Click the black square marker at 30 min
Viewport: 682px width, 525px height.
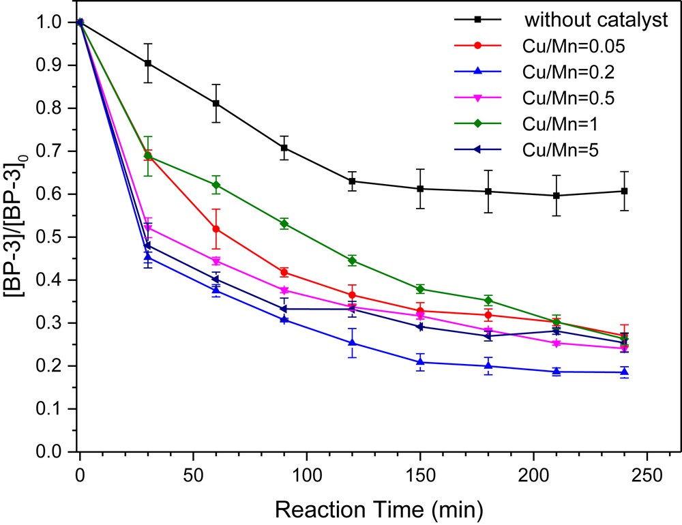(148, 63)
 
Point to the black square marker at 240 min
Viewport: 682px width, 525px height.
(625, 191)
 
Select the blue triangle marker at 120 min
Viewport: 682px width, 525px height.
(352, 343)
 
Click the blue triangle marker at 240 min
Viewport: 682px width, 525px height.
(625, 372)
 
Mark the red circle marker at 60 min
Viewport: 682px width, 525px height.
(216, 229)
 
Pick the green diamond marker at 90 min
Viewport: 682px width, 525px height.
(284, 224)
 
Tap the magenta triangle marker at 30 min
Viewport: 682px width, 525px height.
(148, 227)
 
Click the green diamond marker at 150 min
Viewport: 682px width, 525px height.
(420, 289)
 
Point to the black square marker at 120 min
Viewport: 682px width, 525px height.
(352, 181)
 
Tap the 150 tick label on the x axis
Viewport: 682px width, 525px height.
(420, 474)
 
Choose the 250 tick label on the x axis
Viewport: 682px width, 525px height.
(647, 474)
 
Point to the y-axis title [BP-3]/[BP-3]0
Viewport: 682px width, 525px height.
(18, 237)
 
